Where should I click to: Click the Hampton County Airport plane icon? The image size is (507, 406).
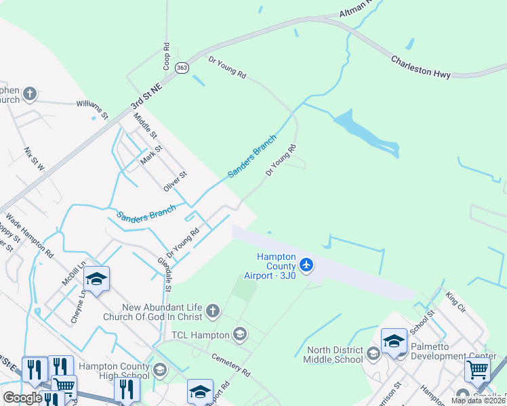point(306,263)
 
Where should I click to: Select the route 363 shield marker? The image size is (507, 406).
point(182,68)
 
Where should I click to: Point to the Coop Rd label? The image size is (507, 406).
point(166,57)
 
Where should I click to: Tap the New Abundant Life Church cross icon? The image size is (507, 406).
point(213,311)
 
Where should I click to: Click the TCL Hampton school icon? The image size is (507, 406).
point(239,333)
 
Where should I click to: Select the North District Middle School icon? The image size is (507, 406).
point(373,354)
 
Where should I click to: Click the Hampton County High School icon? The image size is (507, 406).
point(159,369)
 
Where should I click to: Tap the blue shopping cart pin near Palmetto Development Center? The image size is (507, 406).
point(477,370)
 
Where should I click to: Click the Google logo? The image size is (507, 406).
point(22,398)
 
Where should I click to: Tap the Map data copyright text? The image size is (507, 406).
point(478,401)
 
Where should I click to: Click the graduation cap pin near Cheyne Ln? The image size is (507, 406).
point(96,279)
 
